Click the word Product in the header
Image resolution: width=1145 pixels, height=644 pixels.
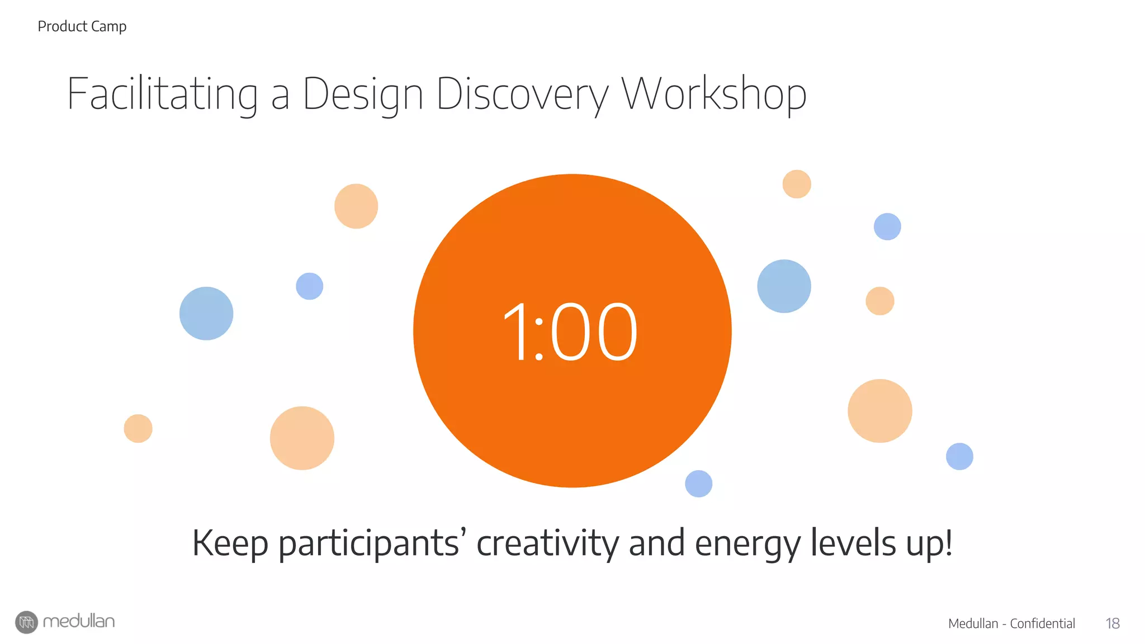point(62,26)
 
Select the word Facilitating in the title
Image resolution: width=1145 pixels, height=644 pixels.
point(162,94)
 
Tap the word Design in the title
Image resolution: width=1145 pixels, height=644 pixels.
point(363,94)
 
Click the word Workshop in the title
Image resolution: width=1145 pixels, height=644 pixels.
point(714,94)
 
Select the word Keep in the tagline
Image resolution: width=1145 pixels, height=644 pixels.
point(230,543)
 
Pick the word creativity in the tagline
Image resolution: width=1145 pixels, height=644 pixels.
point(547,543)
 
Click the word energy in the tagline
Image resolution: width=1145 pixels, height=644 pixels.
point(747,544)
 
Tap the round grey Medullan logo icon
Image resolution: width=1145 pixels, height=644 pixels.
point(26,622)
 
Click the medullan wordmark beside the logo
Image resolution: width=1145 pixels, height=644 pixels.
point(79,621)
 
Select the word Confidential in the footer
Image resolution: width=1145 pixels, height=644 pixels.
point(1042,623)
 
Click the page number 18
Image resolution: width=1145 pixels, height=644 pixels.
point(1113,623)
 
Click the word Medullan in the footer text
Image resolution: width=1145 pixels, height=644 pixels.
point(973,623)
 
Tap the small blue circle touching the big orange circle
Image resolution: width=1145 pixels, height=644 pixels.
point(698,484)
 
